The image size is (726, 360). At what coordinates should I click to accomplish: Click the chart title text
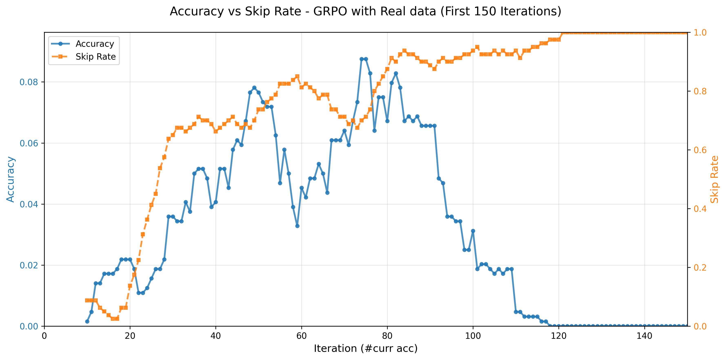coord(365,12)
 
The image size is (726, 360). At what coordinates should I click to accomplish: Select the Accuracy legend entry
coord(94,44)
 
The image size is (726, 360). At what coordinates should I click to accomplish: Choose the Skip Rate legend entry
coord(95,57)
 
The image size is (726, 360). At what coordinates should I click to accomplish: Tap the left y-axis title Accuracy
coord(10,179)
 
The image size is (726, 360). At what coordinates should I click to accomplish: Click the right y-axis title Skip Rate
coord(714,179)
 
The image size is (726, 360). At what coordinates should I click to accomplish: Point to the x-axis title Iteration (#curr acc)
coord(365,348)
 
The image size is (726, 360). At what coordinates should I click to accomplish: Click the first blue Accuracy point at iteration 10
coord(87,321)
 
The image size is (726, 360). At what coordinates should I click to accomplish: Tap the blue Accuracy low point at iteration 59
coord(297,226)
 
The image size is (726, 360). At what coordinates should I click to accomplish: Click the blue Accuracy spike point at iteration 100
coord(473,231)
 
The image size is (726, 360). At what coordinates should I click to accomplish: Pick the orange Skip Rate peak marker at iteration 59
coord(297,76)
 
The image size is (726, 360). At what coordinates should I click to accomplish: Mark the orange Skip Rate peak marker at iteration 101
coord(477,47)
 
